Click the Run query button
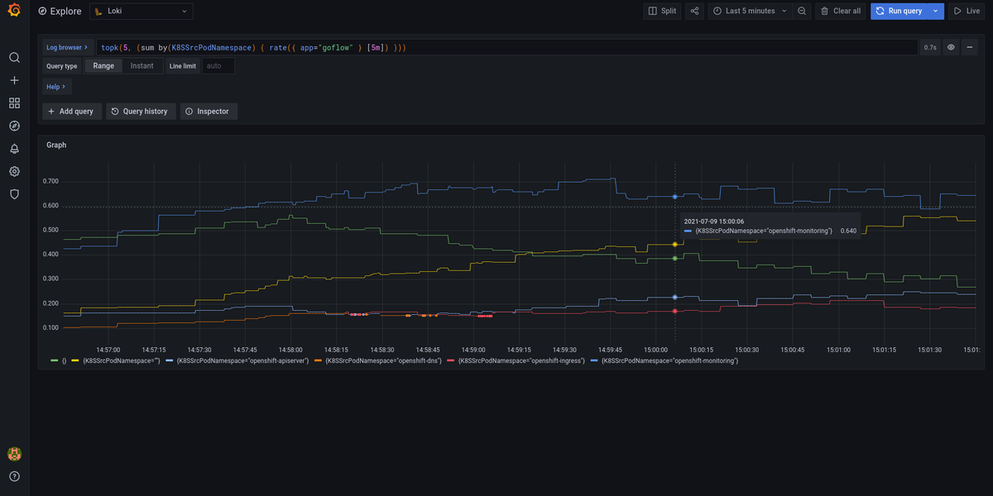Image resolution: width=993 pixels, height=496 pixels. click(899, 11)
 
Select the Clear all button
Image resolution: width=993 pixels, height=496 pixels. click(840, 11)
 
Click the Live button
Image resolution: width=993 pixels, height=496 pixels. click(967, 11)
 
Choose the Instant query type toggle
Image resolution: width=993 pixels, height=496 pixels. click(142, 65)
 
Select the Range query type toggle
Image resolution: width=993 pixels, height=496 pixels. click(103, 65)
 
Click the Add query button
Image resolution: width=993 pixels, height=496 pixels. click(71, 111)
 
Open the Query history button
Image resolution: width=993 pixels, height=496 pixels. click(141, 111)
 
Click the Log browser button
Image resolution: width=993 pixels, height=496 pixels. click(67, 47)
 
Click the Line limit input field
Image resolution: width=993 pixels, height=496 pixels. click(218, 65)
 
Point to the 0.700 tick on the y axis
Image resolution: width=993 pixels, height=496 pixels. click(50, 181)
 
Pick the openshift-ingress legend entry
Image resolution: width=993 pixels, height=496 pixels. click(520, 361)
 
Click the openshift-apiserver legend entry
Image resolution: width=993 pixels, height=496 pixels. click(237, 361)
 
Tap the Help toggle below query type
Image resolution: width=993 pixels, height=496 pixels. click(56, 86)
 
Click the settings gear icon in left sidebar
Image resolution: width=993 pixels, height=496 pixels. click(14, 171)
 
